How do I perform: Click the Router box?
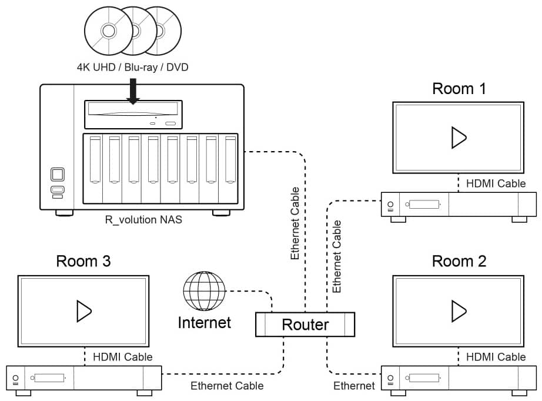coord(305,324)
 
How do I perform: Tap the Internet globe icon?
coord(205,290)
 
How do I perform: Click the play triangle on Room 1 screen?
coord(459,138)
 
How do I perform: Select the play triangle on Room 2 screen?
coord(459,311)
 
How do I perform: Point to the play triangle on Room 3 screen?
coord(83,311)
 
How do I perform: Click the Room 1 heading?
coord(459,89)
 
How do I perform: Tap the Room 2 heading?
coord(459,261)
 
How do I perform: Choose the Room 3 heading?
coord(83,261)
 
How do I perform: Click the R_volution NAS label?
coord(143,220)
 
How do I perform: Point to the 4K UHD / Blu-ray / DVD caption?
coord(133,67)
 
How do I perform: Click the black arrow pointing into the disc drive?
coord(133,91)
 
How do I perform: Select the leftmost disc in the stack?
coord(109,31)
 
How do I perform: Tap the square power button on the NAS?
coord(58,174)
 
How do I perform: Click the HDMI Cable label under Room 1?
coord(496,183)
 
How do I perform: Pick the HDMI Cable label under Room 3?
coord(123,357)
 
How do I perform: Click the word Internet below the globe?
coord(205,323)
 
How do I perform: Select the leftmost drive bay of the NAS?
coord(93,169)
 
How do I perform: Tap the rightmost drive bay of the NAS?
coord(229,169)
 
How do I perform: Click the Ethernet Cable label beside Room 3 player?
coord(227,386)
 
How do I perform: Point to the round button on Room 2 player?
coord(390,377)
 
